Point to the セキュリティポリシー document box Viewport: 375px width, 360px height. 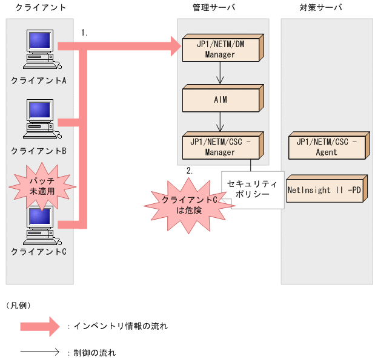tap(252, 189)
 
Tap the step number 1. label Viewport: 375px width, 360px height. tap(84, 33)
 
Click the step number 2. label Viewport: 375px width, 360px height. tap(189, 171)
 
